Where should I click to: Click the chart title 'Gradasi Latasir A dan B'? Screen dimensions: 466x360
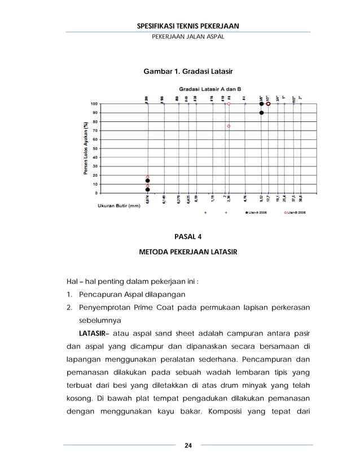(210, 89)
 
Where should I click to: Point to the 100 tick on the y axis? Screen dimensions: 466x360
(93, 104)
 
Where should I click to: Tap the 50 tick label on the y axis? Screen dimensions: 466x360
(94, 148)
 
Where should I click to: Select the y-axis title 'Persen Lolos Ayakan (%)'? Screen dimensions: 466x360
(81, 148)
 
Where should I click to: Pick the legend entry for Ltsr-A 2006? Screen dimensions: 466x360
(256, 213)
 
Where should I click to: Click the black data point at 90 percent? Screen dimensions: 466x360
(261, 113)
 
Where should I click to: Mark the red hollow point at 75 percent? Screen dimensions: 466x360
(229, 126)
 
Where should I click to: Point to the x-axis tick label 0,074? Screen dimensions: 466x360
(147, 200)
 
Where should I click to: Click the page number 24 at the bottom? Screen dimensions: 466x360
(188, 446)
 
